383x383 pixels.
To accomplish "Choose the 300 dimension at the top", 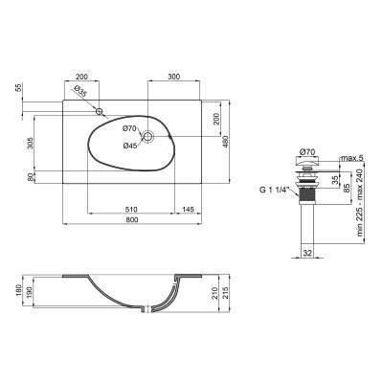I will [x=173, y=76].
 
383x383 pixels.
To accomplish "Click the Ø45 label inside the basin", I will [x=130, y=146].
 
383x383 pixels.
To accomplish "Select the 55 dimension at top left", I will [x=18, y=87].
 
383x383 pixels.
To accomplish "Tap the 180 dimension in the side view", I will [x=18, y=290].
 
